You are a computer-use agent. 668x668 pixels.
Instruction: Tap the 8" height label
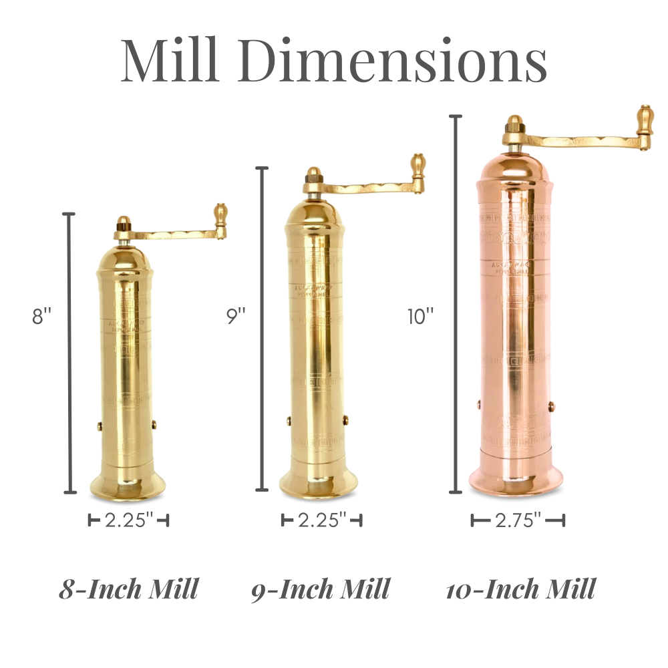coord(41,316)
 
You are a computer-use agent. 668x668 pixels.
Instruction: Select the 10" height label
coord(421,316)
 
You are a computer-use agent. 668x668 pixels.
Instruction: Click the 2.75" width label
coord(518,520)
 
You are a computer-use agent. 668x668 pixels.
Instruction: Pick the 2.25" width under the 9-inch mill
coord(322,520)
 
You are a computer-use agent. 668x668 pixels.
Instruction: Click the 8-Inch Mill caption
coord(128,589)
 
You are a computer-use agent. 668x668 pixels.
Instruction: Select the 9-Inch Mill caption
coord(321,589)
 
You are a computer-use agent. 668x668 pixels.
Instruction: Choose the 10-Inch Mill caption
coord(520,589)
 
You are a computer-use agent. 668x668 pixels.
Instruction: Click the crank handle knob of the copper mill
coord(645,120)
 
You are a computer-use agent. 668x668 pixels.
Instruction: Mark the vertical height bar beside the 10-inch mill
coord(456,304)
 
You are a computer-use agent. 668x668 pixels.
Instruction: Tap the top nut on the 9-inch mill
coord(313,174)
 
